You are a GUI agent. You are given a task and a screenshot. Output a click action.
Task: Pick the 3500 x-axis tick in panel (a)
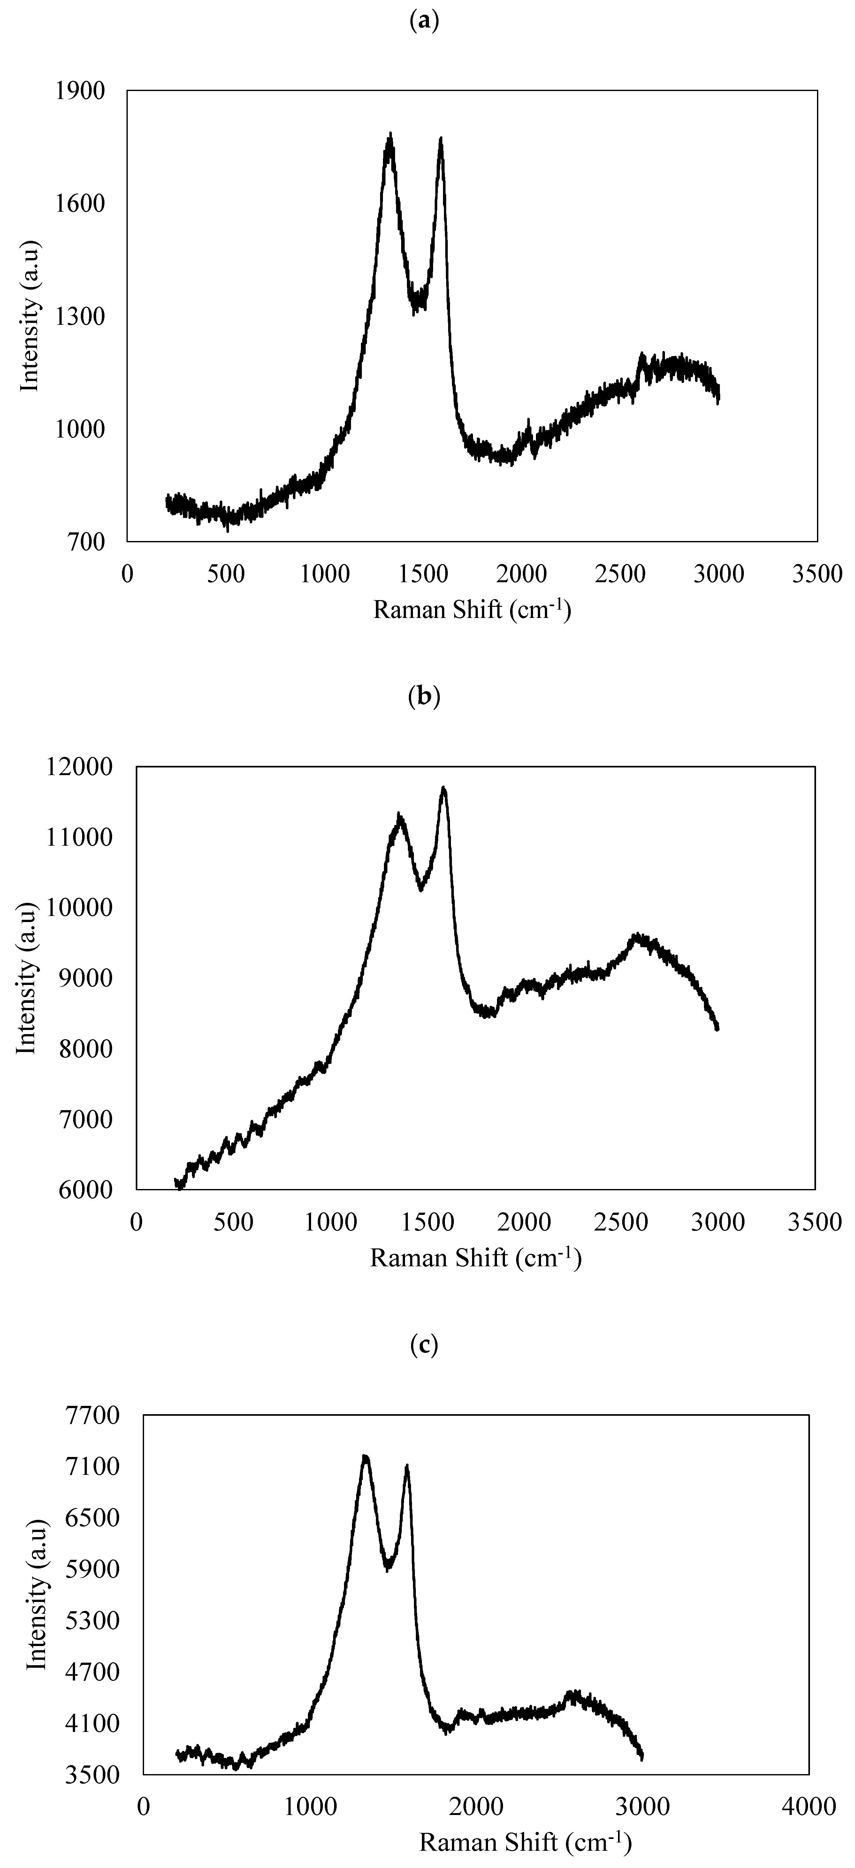(818, 574)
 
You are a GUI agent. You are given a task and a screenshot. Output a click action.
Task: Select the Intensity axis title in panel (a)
(29, 316)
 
